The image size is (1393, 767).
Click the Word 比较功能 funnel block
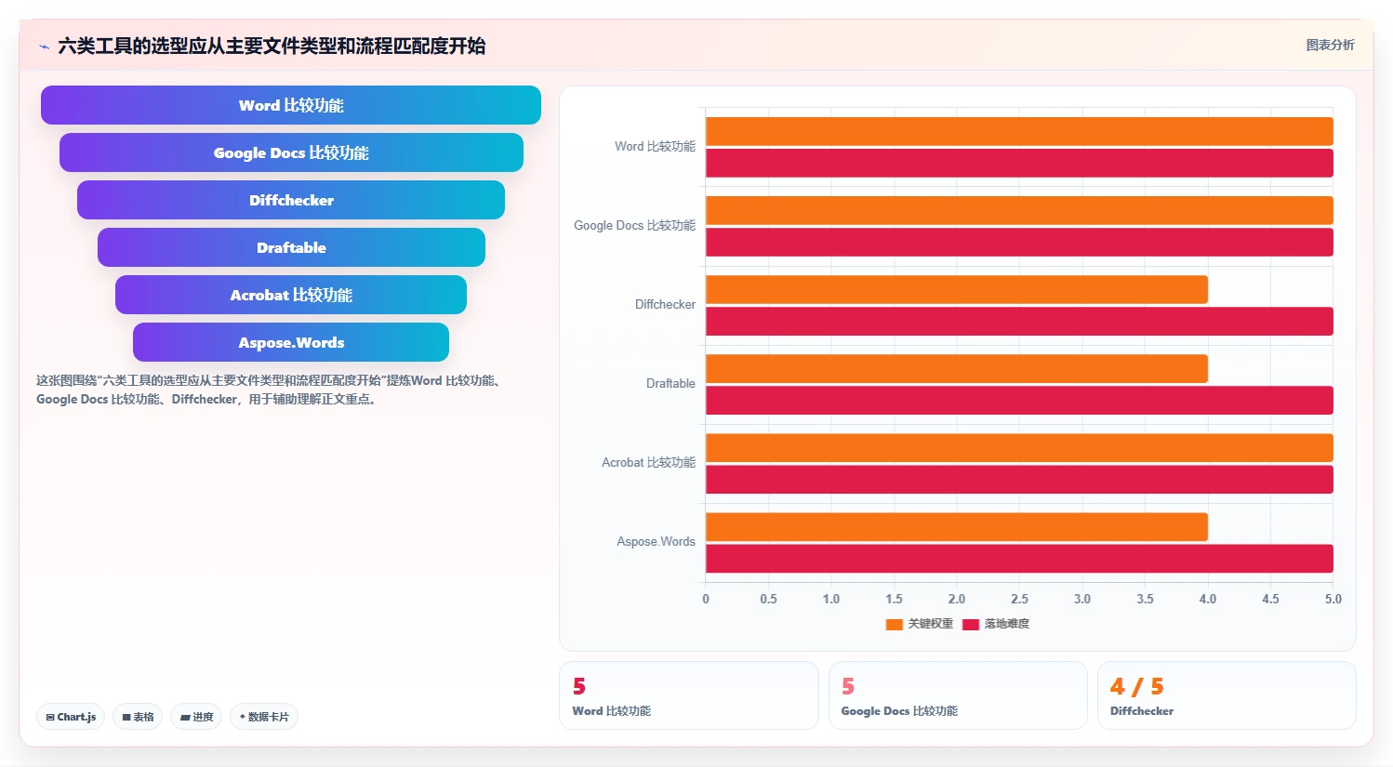(291, 105)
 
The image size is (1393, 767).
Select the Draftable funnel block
(291, 247)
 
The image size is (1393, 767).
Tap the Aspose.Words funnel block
(291, 342)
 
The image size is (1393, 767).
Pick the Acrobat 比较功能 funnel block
(291, 295)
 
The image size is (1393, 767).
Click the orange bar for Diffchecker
(957, 290)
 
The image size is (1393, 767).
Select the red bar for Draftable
(1019, 401)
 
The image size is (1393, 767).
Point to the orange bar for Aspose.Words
(957, 527)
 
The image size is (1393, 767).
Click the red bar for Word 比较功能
(1019, 163)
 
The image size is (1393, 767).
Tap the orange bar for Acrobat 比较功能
(1019, 447)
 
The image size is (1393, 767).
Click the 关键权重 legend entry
(919, 624)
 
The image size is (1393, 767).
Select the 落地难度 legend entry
(996, 624)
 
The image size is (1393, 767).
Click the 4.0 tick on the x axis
(1208, 599)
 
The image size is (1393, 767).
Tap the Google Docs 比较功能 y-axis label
(634, 225)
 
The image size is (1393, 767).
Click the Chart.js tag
(71, 717)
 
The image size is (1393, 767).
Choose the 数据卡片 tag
(264, 717)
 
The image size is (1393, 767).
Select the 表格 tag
(138, 717)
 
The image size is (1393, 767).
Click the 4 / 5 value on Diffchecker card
(1136, 687)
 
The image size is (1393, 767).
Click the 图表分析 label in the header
(1330, 45)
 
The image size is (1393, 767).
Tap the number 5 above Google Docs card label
(848, 687)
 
